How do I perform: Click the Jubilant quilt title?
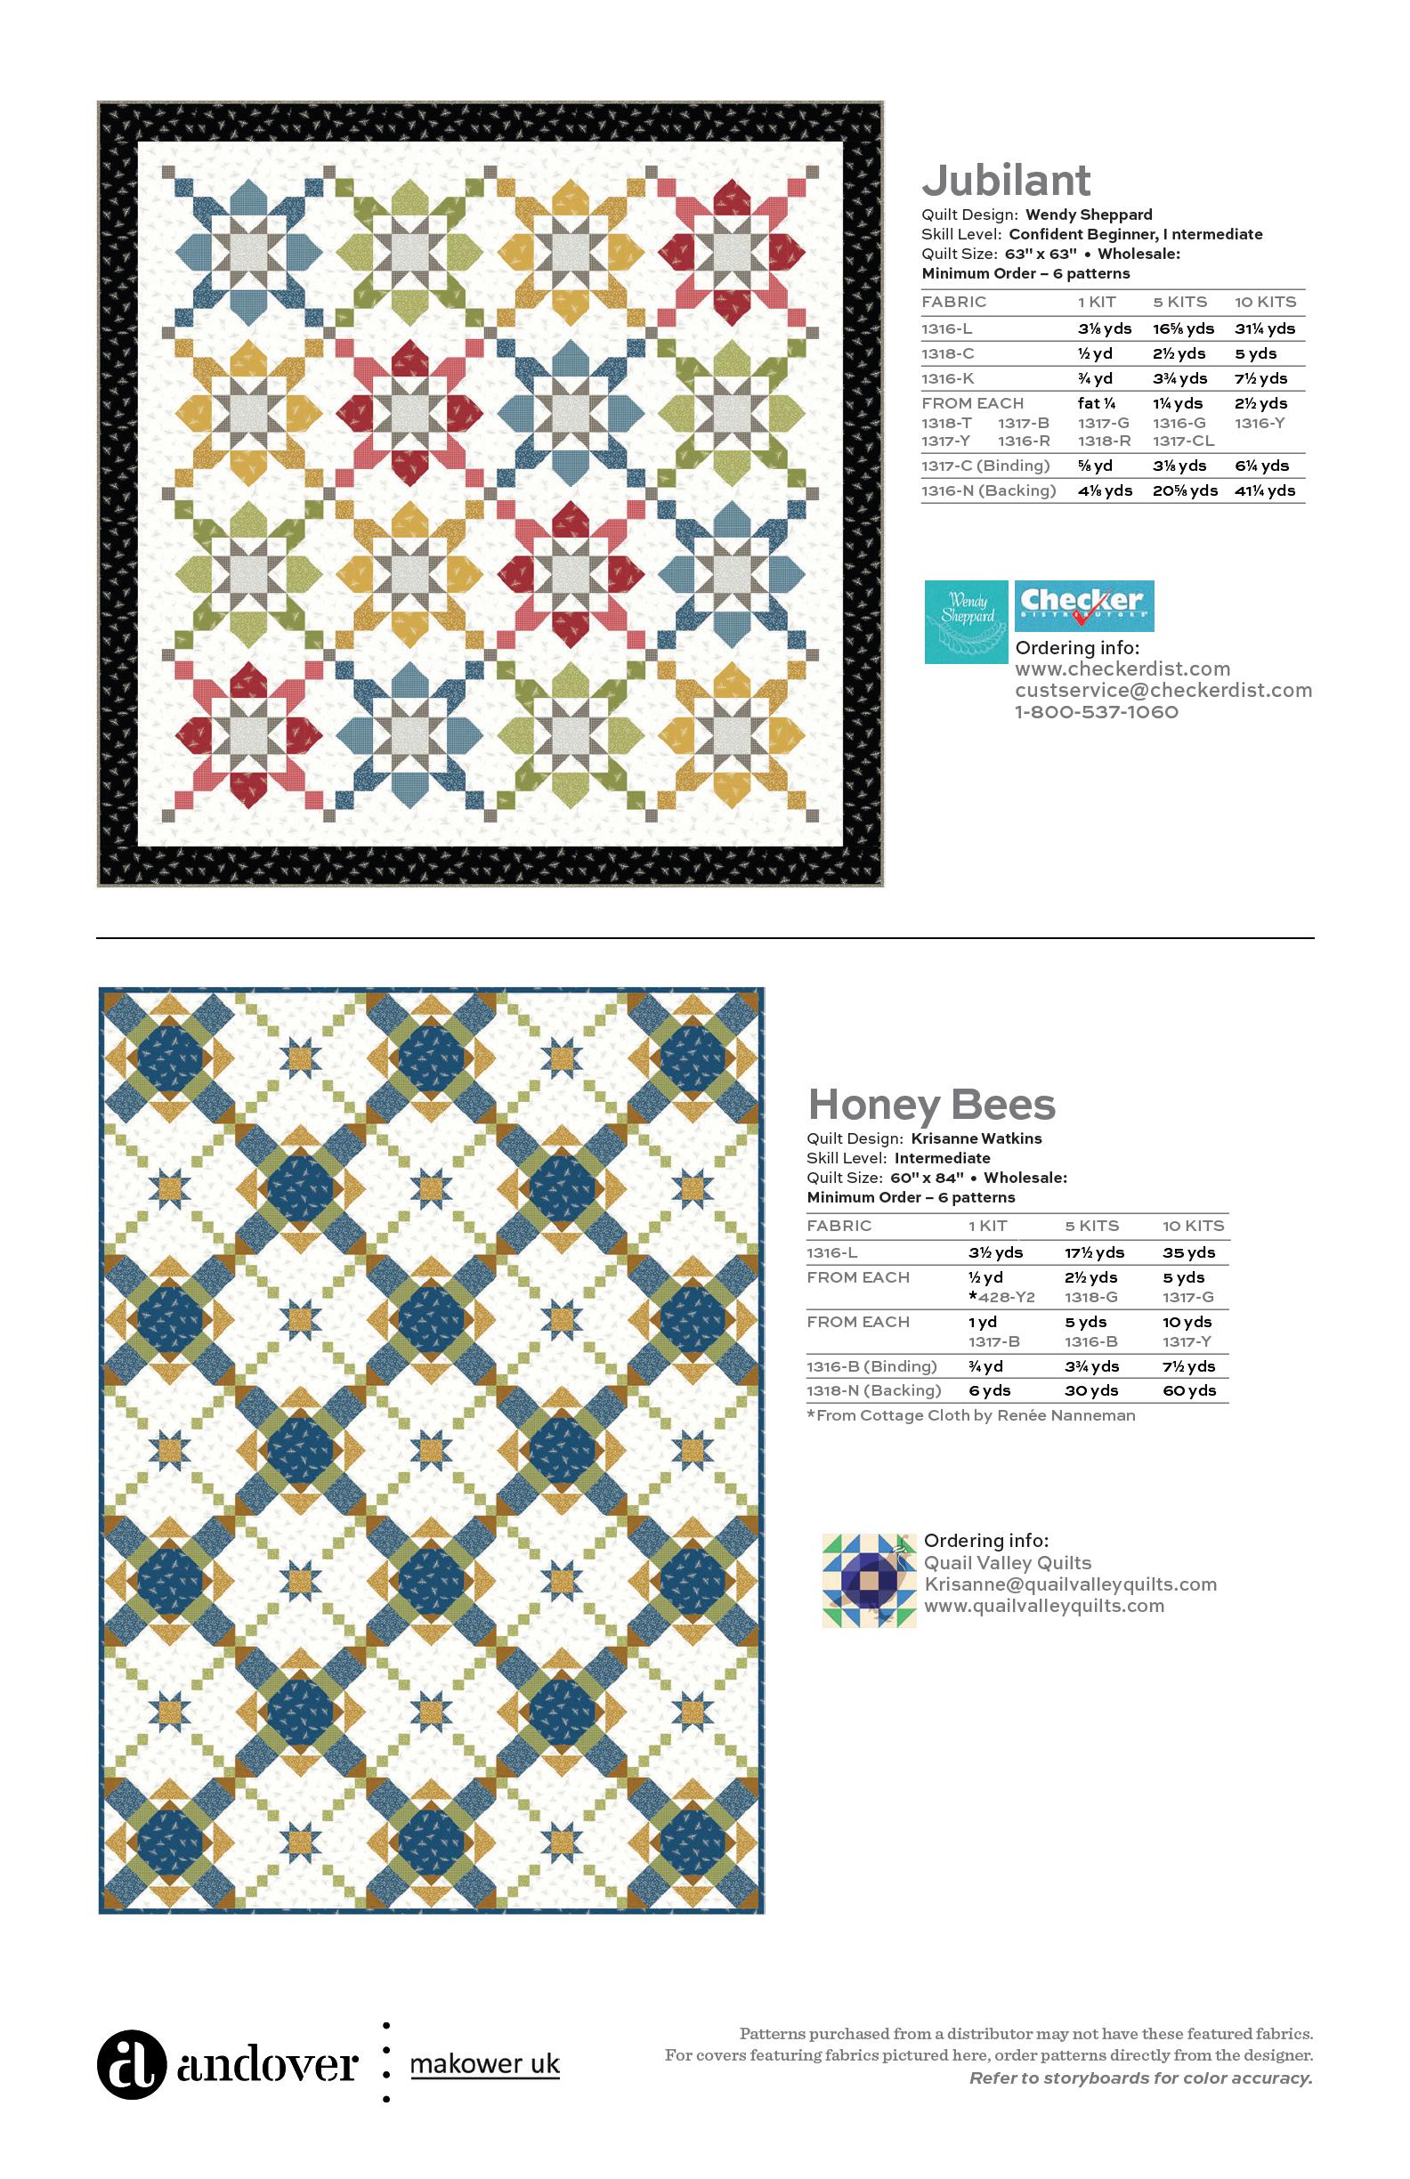1006,181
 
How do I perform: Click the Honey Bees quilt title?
931,1104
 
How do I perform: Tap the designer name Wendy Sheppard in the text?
1089,215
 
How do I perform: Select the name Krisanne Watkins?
976,1139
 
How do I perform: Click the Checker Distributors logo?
1084,605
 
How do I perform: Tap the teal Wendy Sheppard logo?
966,620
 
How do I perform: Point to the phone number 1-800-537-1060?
1096,712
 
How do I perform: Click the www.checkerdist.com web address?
1122,669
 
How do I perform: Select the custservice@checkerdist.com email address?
1163,691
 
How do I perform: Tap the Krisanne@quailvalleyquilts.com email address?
1069,1584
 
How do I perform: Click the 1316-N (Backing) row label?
988,491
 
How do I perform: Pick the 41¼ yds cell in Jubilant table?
1264,491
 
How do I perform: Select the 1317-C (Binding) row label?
985,466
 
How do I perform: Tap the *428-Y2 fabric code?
1001,1297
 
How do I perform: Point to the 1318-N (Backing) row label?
873,1390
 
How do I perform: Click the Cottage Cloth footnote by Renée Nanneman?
970,1415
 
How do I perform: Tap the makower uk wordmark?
484,2064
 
